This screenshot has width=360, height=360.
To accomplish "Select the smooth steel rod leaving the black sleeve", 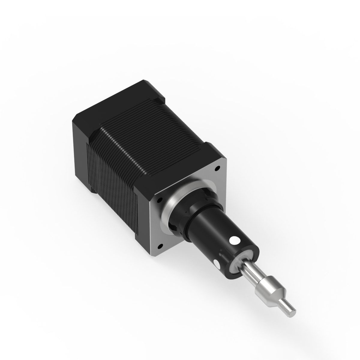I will click(250, 270).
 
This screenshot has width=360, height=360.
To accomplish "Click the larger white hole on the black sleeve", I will click(234, 241).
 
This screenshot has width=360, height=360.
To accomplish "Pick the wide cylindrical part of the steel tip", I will click(264, 288).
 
